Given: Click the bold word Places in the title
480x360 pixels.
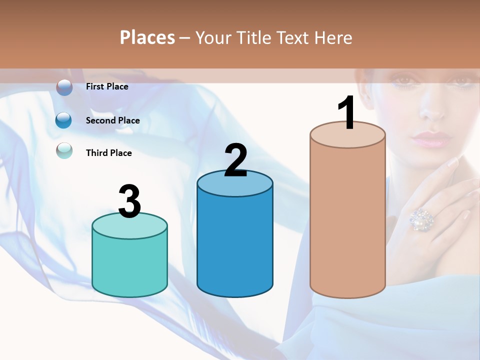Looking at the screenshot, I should tap(147, 37).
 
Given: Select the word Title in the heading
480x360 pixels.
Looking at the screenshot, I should tap(253, 37).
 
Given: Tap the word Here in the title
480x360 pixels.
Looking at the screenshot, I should tap(335, 37).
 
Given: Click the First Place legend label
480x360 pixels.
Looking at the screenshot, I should tap(107, 86).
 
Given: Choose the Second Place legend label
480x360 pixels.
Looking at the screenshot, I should tap(112, 120).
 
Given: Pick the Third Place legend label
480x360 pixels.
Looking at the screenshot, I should tap(108, 153).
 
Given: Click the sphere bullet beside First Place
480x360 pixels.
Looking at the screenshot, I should tap(64, 87).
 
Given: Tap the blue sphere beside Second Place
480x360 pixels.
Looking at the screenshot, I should tap(64, 120).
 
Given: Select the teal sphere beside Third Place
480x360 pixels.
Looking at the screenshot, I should tap(64, 150).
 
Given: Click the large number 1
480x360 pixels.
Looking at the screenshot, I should tap(346, 113).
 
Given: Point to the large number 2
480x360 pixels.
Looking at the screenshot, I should tap(235, 160).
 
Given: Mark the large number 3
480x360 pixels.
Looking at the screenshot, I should tap(129, 201).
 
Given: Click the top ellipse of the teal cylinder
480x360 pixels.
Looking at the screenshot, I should tap(129, 226).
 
